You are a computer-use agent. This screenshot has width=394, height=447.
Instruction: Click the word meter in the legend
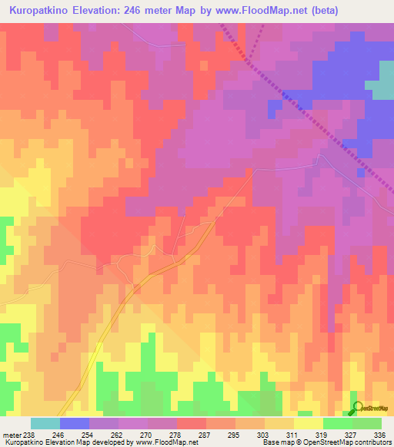pyautogui.click(x=12, y=435)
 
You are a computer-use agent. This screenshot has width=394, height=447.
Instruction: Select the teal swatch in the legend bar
pyautogui.click(x=45, y=423)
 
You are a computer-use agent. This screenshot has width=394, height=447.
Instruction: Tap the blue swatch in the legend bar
pyautogui.click(x=75, y=423)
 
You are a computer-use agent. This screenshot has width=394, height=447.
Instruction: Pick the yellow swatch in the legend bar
pyautogui.click(x=309, y=423)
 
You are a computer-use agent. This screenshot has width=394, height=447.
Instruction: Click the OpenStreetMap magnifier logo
pyautogui.click(x=356, y=407)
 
